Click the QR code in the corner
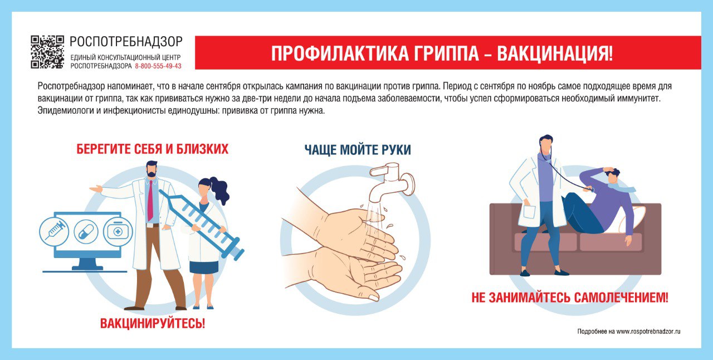click(x=47, y=52)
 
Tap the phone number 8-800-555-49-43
click(x=158, y=66)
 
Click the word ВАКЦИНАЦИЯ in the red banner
click(x=554, y=53)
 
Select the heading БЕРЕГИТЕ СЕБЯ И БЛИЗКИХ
click(x=153, y=149)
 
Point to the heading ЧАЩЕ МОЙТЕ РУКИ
click(x=358, y=149)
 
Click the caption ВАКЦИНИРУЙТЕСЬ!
click(x=153, y=323)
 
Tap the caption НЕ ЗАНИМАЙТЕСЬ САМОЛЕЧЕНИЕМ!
click(x=569, y=297)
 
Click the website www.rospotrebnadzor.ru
click(x=648, y=332)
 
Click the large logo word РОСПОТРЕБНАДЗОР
click(x=126, y=42)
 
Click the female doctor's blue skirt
click(x=204, y=266)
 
